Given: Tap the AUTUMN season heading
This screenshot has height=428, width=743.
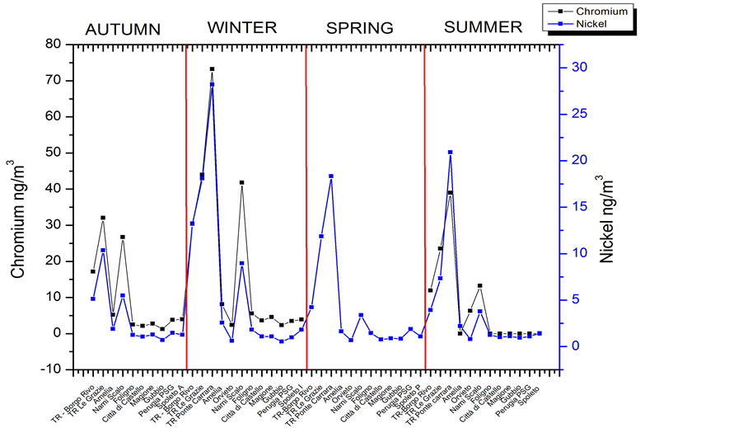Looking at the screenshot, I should point(123,30).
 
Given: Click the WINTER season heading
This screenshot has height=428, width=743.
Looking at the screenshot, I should point(241,28).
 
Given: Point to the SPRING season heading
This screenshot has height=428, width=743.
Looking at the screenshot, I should point(359,29).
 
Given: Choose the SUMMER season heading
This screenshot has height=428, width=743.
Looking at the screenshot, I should point(483,27).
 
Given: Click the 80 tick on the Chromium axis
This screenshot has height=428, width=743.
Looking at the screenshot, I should point(54,44).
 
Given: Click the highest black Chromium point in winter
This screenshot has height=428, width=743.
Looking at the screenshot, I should point(212,69).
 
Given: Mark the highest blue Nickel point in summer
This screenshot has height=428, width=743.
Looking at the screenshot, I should point(450,153).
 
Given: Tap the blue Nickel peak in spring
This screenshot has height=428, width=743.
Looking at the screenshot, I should point(331,176).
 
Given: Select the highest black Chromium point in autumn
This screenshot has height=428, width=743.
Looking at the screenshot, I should point(103,218).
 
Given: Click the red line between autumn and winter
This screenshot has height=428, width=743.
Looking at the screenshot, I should point(186,206).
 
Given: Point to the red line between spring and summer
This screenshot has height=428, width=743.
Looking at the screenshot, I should point(424,206).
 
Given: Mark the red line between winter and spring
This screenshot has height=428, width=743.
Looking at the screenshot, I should point(306,206).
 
